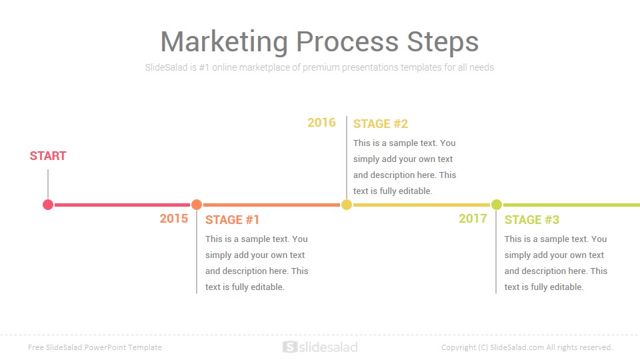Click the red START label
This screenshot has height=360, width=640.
[48, 156]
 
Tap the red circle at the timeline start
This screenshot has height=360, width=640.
[48, 205]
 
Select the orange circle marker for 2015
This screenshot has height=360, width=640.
[197, 205]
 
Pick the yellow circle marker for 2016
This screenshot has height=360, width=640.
[347, 205]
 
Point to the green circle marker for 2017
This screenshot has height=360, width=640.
[496, 205]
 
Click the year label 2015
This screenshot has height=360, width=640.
[174, 219]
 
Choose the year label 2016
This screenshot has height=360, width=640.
[321, 123]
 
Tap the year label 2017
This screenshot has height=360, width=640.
[473, 219]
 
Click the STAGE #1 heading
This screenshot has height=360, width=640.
[232, 219]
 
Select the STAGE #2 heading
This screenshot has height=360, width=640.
[381, 124]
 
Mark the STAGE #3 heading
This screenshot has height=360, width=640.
[532, 219]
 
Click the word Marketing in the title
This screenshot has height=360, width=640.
[224, 41]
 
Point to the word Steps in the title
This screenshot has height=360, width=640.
[443, 41]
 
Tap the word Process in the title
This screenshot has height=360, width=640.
[347, 41]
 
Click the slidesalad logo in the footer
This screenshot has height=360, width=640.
[320, 347]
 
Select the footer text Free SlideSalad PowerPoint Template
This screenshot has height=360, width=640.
[95, 347]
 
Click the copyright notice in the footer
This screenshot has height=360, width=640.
[527, 347]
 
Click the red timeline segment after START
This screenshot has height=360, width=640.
[123, 205]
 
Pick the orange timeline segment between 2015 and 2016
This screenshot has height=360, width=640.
[271, 205]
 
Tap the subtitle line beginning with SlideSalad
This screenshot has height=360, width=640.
[319, 67]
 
